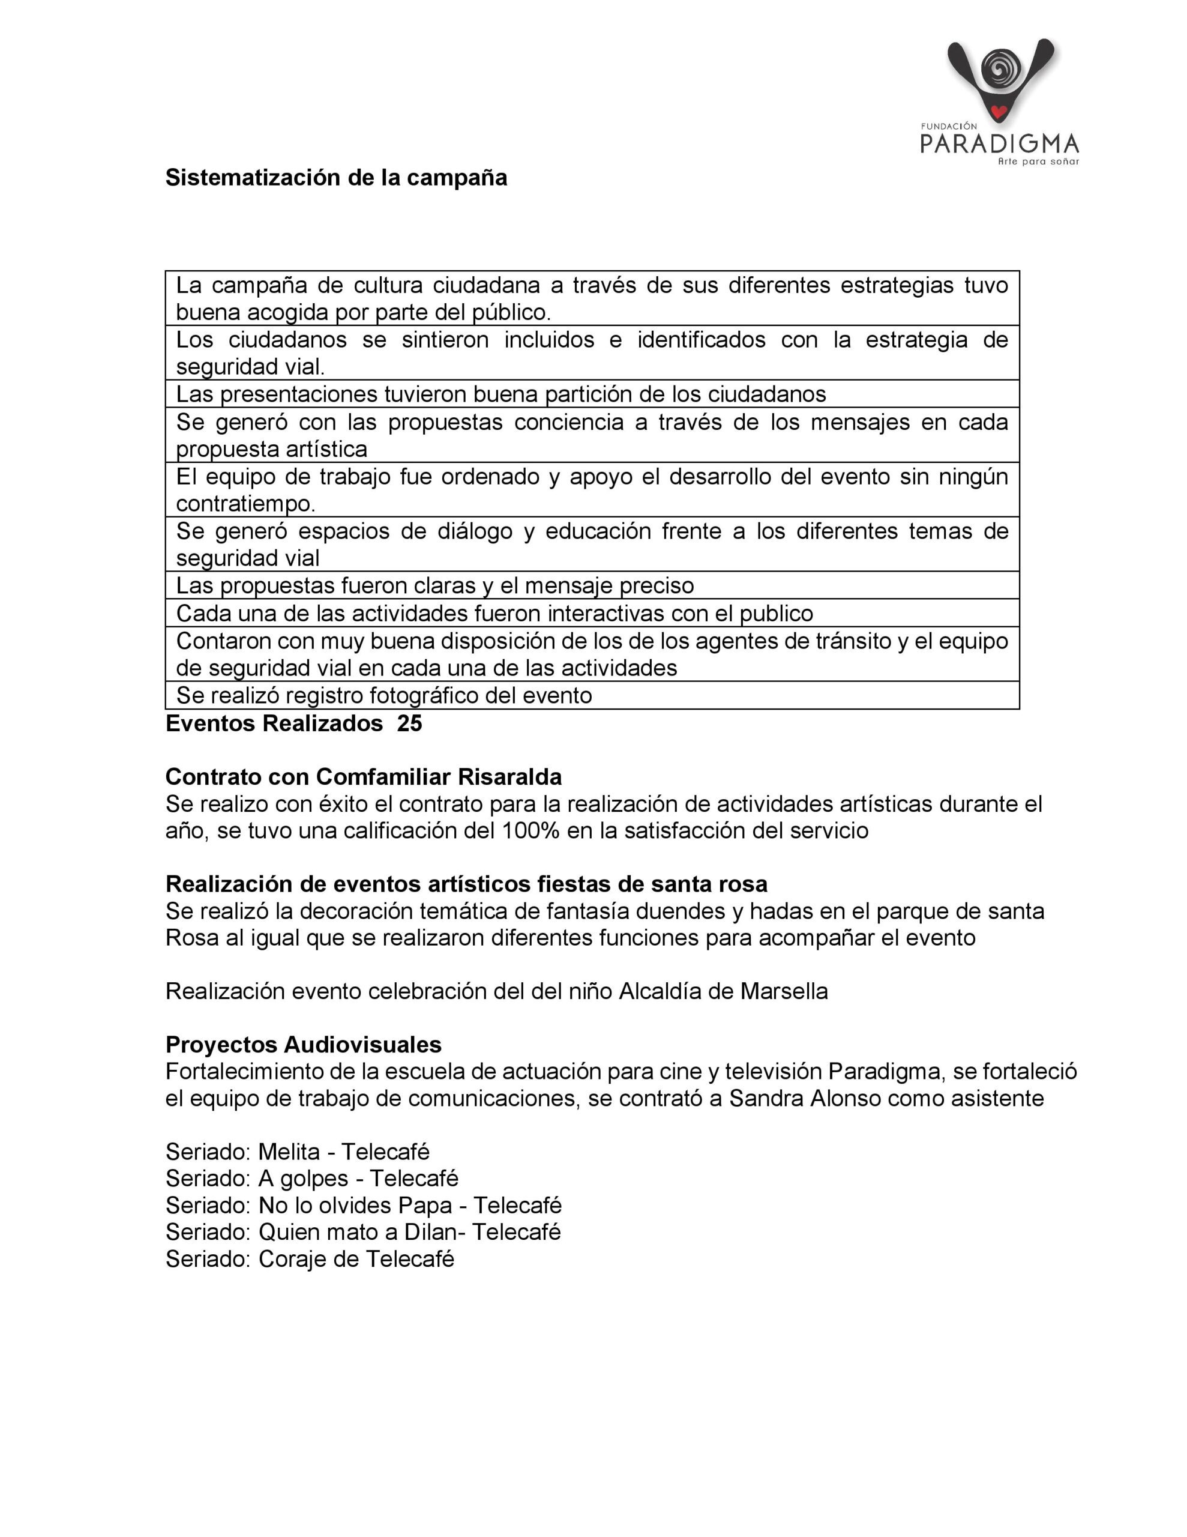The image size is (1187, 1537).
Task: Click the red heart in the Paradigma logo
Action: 998,110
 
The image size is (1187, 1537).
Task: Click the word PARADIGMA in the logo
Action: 999,143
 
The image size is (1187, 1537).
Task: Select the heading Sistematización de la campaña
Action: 335,177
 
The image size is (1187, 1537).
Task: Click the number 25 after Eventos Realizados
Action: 409,723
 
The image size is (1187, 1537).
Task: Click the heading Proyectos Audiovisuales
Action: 303,1044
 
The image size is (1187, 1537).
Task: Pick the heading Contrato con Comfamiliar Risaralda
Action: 363,777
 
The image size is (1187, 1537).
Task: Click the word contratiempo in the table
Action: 245,504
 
